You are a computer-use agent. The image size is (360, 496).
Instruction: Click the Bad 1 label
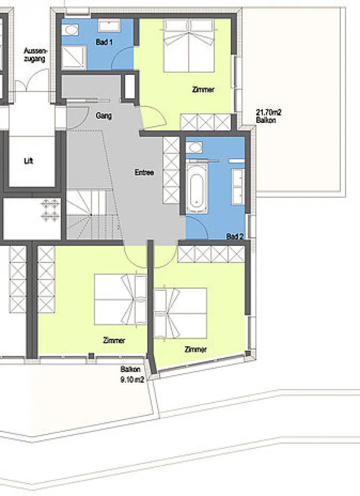[104, 42]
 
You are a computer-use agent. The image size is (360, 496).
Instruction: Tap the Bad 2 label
[235, 236]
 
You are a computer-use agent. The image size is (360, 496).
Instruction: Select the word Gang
[104, 116]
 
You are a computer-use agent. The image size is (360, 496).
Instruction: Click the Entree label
[144, 172]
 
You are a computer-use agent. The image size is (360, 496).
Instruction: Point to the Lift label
[28, 161]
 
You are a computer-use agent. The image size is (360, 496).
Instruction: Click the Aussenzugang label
[35, 55]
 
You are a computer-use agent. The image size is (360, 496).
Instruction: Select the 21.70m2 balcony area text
[269, 112]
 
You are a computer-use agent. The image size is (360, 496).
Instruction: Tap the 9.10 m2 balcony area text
[132, 380]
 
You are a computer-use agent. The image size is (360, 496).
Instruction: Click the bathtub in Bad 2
[197, 189]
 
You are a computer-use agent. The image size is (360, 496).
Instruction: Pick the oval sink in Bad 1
[70, 30]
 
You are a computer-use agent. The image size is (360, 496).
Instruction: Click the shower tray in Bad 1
[74, 57]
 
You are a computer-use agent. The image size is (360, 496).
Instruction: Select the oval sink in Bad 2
[194, 147]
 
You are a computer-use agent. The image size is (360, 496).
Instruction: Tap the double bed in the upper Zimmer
[189, 46]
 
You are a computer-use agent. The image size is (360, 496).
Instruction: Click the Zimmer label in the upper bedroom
[203, 90]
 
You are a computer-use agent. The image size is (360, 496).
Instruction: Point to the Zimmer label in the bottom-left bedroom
[114, 340]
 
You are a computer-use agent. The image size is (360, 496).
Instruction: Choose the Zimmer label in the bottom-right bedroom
[196, 349]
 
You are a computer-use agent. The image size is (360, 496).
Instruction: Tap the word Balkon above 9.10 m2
[130, 369]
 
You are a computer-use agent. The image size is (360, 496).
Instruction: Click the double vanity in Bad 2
[238, 187]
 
